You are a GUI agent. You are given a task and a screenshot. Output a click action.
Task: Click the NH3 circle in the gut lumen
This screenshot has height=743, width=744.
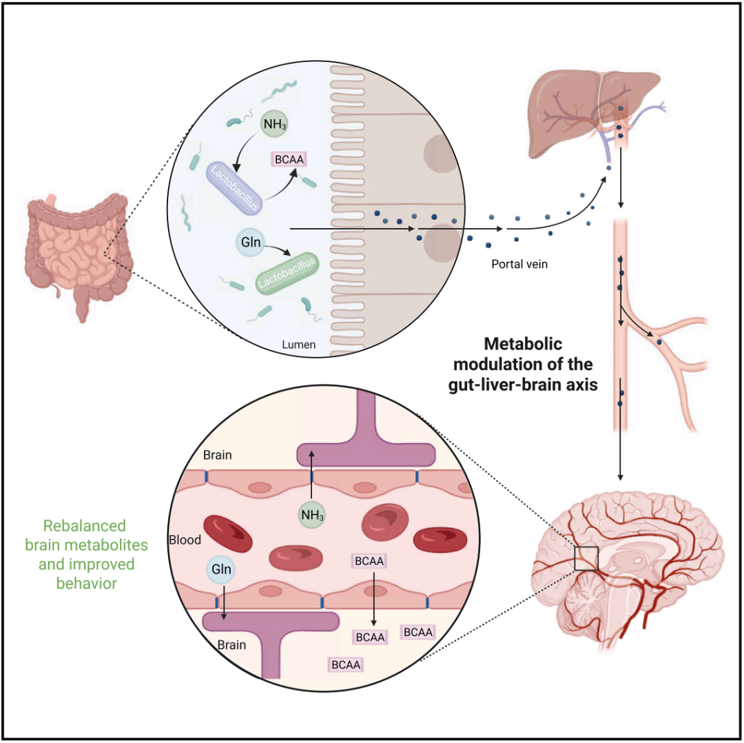[273, 125]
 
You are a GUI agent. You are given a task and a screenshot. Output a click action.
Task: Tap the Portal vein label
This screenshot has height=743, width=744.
[519, 264]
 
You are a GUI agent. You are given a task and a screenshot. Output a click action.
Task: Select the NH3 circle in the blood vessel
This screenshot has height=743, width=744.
[311, 514]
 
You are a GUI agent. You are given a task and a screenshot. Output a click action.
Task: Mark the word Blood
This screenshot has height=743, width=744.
[185, 539]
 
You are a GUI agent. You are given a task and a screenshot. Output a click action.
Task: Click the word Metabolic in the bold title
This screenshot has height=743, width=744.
[524, 343]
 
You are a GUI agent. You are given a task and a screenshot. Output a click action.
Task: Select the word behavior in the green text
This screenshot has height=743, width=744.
[86, 584]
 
